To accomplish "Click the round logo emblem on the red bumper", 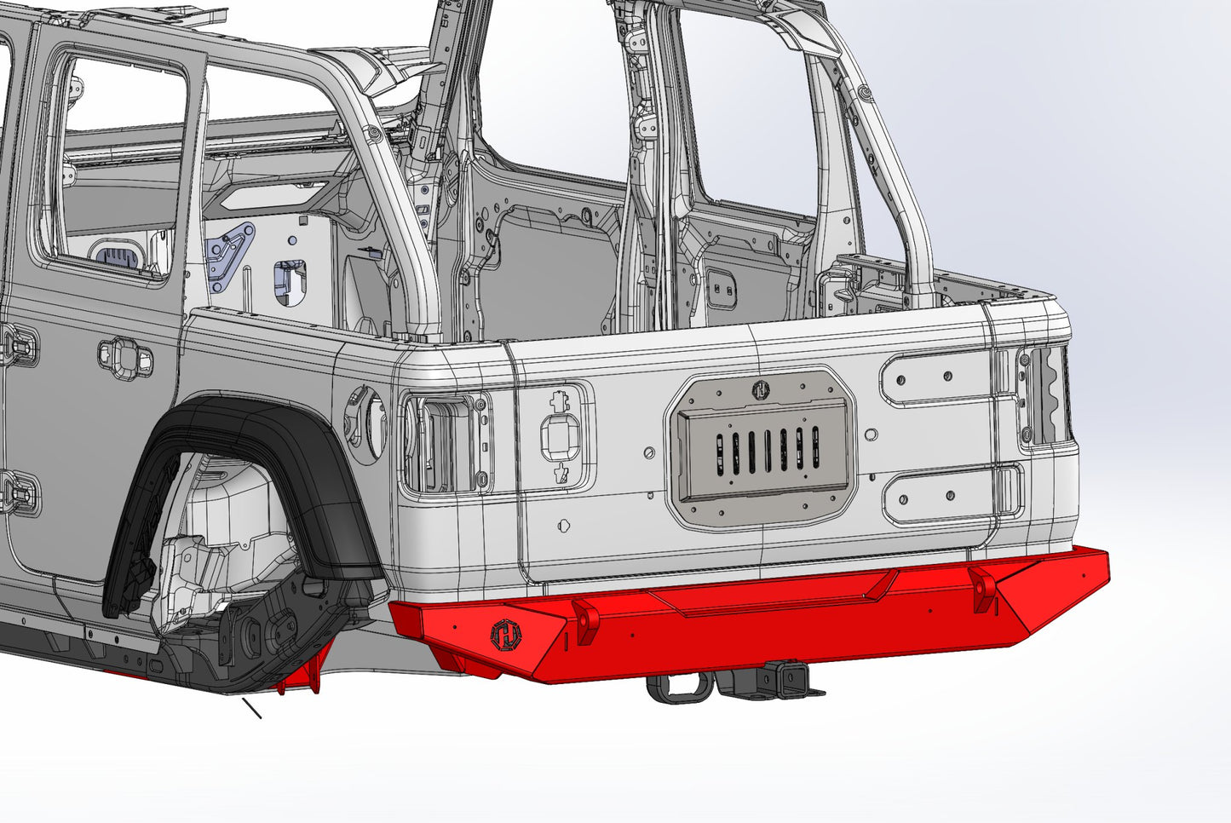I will [x=504, y=635].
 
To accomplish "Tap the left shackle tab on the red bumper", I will [x=586, y=620].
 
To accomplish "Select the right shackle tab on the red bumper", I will [x=984, y=589].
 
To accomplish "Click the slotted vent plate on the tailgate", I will [x=761, y=446].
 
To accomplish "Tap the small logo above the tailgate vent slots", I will [x=760, y=390].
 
